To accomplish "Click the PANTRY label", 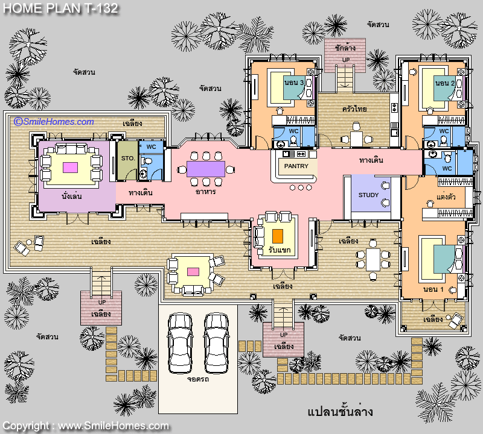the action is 296,166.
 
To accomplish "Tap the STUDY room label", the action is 368,195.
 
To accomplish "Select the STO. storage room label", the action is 128,159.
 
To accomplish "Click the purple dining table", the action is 206,169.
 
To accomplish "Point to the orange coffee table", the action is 278,236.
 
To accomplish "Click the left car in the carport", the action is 180,343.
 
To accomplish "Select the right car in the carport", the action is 216,343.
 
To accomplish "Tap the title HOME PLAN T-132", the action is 61,8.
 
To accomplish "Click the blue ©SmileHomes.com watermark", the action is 54,122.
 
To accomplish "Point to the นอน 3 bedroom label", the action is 294,83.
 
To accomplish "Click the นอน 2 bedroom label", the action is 445,83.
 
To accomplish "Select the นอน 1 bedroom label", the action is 433,289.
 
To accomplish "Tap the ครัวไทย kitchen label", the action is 354,109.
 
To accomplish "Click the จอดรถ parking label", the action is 198,379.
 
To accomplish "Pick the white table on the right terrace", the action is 373,260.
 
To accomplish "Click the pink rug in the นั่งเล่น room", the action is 70,168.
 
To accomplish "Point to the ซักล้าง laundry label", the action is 345,48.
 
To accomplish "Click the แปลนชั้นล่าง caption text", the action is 341,412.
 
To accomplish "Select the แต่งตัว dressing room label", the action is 446,197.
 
